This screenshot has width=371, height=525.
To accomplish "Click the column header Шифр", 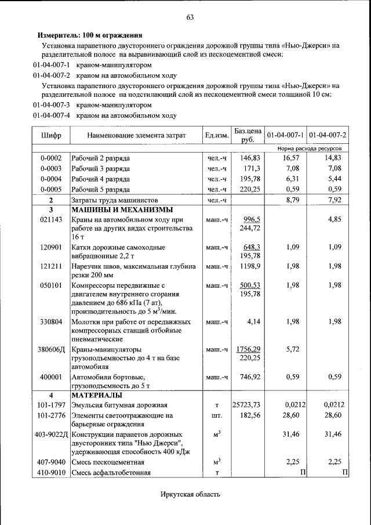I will pyautogui.click(x=51, y=135).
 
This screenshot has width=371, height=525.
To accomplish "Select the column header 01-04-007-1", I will pyautogui.click(x=285, y=135).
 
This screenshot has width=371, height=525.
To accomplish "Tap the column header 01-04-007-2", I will pyautogui.click(x=328, y=135).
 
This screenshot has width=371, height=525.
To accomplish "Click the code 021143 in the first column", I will pyautogui.click(x=51, y=220).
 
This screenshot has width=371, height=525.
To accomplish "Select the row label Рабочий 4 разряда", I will pyautogui.click(x=100, y=179).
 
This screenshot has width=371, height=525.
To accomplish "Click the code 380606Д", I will pyautogui.click(x=51, y=350).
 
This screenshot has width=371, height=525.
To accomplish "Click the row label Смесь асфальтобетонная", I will pyautogui.click(x=111, y=472).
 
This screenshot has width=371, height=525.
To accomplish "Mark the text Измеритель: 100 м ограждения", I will pyautogui.click(x=90, y=35).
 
